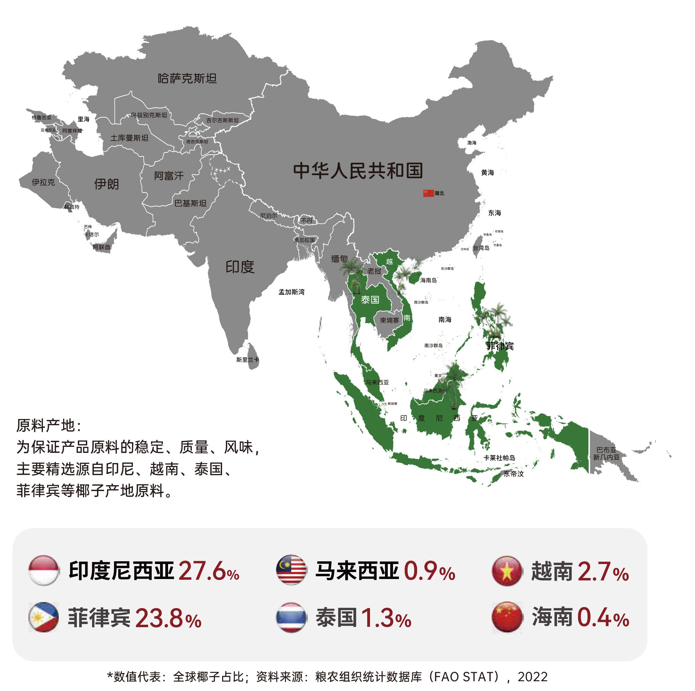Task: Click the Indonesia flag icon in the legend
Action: tap(44, 570)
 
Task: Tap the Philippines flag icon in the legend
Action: tap(44, 617)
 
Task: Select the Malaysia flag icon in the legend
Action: tap(292, 570)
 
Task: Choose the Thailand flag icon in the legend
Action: tap(292, 617)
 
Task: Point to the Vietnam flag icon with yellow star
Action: tap(507, 571)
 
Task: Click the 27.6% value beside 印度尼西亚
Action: tap(209, 571)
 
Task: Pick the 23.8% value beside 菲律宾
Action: tap(168, 618)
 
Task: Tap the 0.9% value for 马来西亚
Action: tap(430, 571)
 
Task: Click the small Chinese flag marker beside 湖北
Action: tap(428, 193)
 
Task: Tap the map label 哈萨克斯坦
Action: tap(187, 78)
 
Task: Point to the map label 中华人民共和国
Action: tap(358, 171)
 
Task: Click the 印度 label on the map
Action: tap(240, 267)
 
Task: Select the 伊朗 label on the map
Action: tap(106, 184)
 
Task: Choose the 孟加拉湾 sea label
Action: tap(292, 292)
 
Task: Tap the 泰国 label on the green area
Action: tap(370, 300)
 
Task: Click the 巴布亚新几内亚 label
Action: tap(606, 453)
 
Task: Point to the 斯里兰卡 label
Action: tap(248, 360)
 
